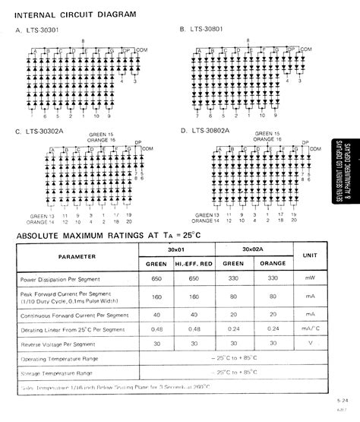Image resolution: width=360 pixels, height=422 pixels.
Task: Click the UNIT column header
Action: pos(311,256)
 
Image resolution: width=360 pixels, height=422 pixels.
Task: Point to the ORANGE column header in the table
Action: pos(270,263)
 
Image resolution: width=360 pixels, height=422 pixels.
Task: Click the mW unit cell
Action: pos(311,280)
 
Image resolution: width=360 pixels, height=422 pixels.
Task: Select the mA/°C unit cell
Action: pos(311,331)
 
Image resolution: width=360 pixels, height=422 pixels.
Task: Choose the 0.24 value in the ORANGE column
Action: pos(270,331)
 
